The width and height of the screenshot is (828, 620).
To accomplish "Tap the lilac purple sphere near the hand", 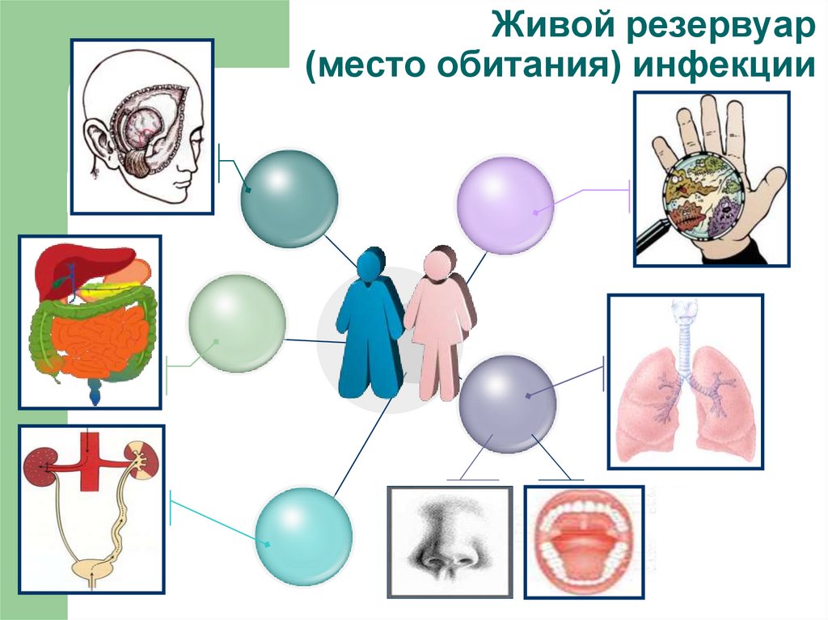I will (505, 205).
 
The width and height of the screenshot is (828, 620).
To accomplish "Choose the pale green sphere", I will (237, 323).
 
